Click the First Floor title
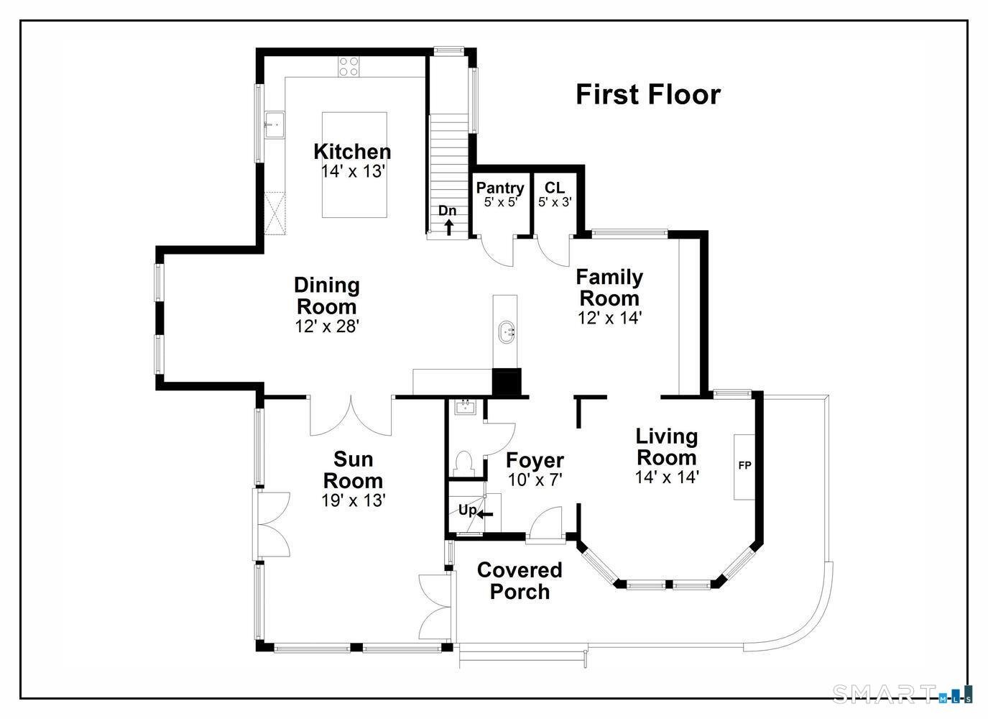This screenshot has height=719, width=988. tap(648, 94)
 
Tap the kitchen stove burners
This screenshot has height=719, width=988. tap(348, 67)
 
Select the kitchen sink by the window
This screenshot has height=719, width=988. tap(274, 125)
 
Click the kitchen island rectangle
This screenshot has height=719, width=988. tap(354, 165)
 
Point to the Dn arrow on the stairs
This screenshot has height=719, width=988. tap(448, 228)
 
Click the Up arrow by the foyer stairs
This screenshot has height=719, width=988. tap(485, 514)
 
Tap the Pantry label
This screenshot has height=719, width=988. tap(499, 188)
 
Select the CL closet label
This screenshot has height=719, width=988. tap(555, 188)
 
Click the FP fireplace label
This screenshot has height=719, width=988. tap(744, 464)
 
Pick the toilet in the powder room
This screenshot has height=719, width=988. tap(463, 464)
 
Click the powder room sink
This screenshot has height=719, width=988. tap(466, 408)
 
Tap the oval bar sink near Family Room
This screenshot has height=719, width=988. tap(506, 332)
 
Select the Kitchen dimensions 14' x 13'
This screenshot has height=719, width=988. tap(354, 171)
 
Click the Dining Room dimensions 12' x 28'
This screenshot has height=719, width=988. tap(327, 326)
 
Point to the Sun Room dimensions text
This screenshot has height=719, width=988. tap(354, 500)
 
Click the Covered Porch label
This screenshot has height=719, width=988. tap(520, 581)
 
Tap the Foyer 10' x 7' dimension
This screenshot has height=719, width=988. tap(535, 480)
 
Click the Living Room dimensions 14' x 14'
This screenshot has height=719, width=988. tap(667, 477)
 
